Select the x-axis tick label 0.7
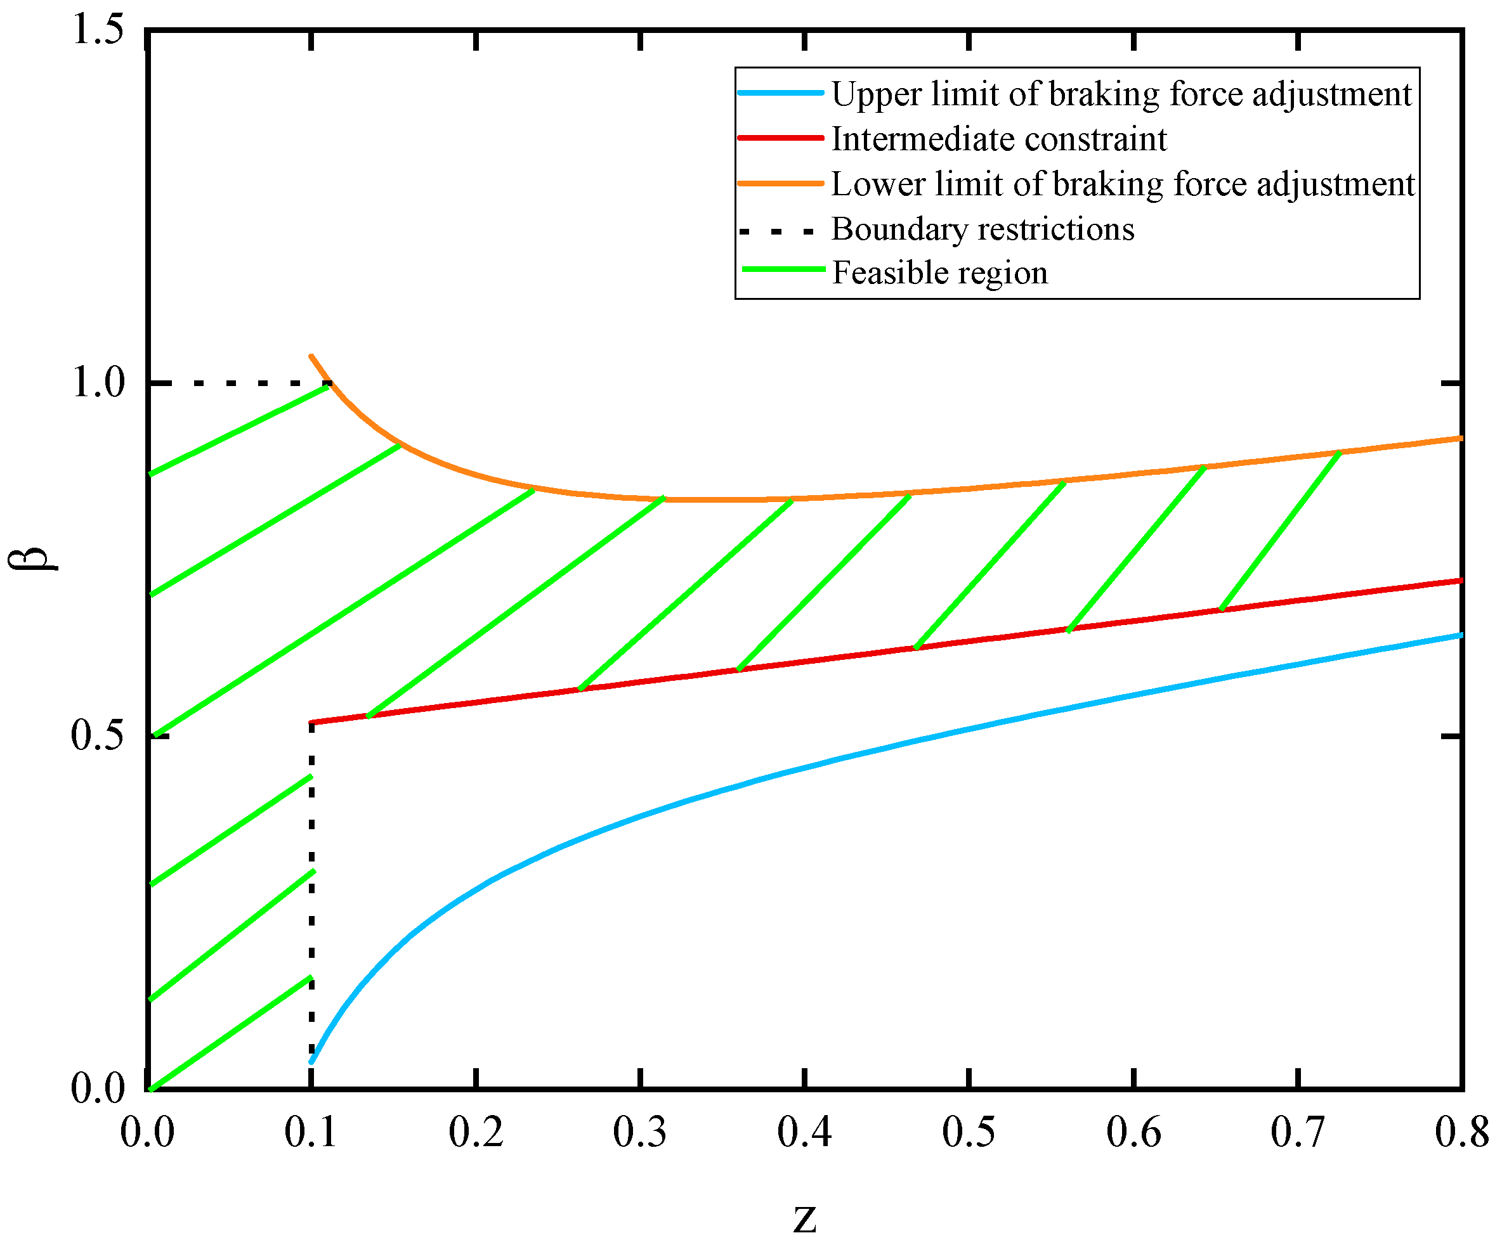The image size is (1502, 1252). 1298,1132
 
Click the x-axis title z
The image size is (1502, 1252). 805,1218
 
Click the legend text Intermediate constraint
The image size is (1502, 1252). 998,139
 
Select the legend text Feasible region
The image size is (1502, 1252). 939,273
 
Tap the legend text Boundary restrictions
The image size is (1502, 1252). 983,229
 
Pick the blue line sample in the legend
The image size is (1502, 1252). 780,93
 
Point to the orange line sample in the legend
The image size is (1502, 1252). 780,184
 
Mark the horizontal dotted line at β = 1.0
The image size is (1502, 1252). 236,384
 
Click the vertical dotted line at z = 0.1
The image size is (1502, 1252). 311,894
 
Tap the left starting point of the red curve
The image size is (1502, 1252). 312,722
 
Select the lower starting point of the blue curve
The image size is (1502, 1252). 312,1062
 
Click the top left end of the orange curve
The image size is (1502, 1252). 311,356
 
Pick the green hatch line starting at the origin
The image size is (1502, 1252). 229,1034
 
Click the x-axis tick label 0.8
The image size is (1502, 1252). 1462,1132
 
